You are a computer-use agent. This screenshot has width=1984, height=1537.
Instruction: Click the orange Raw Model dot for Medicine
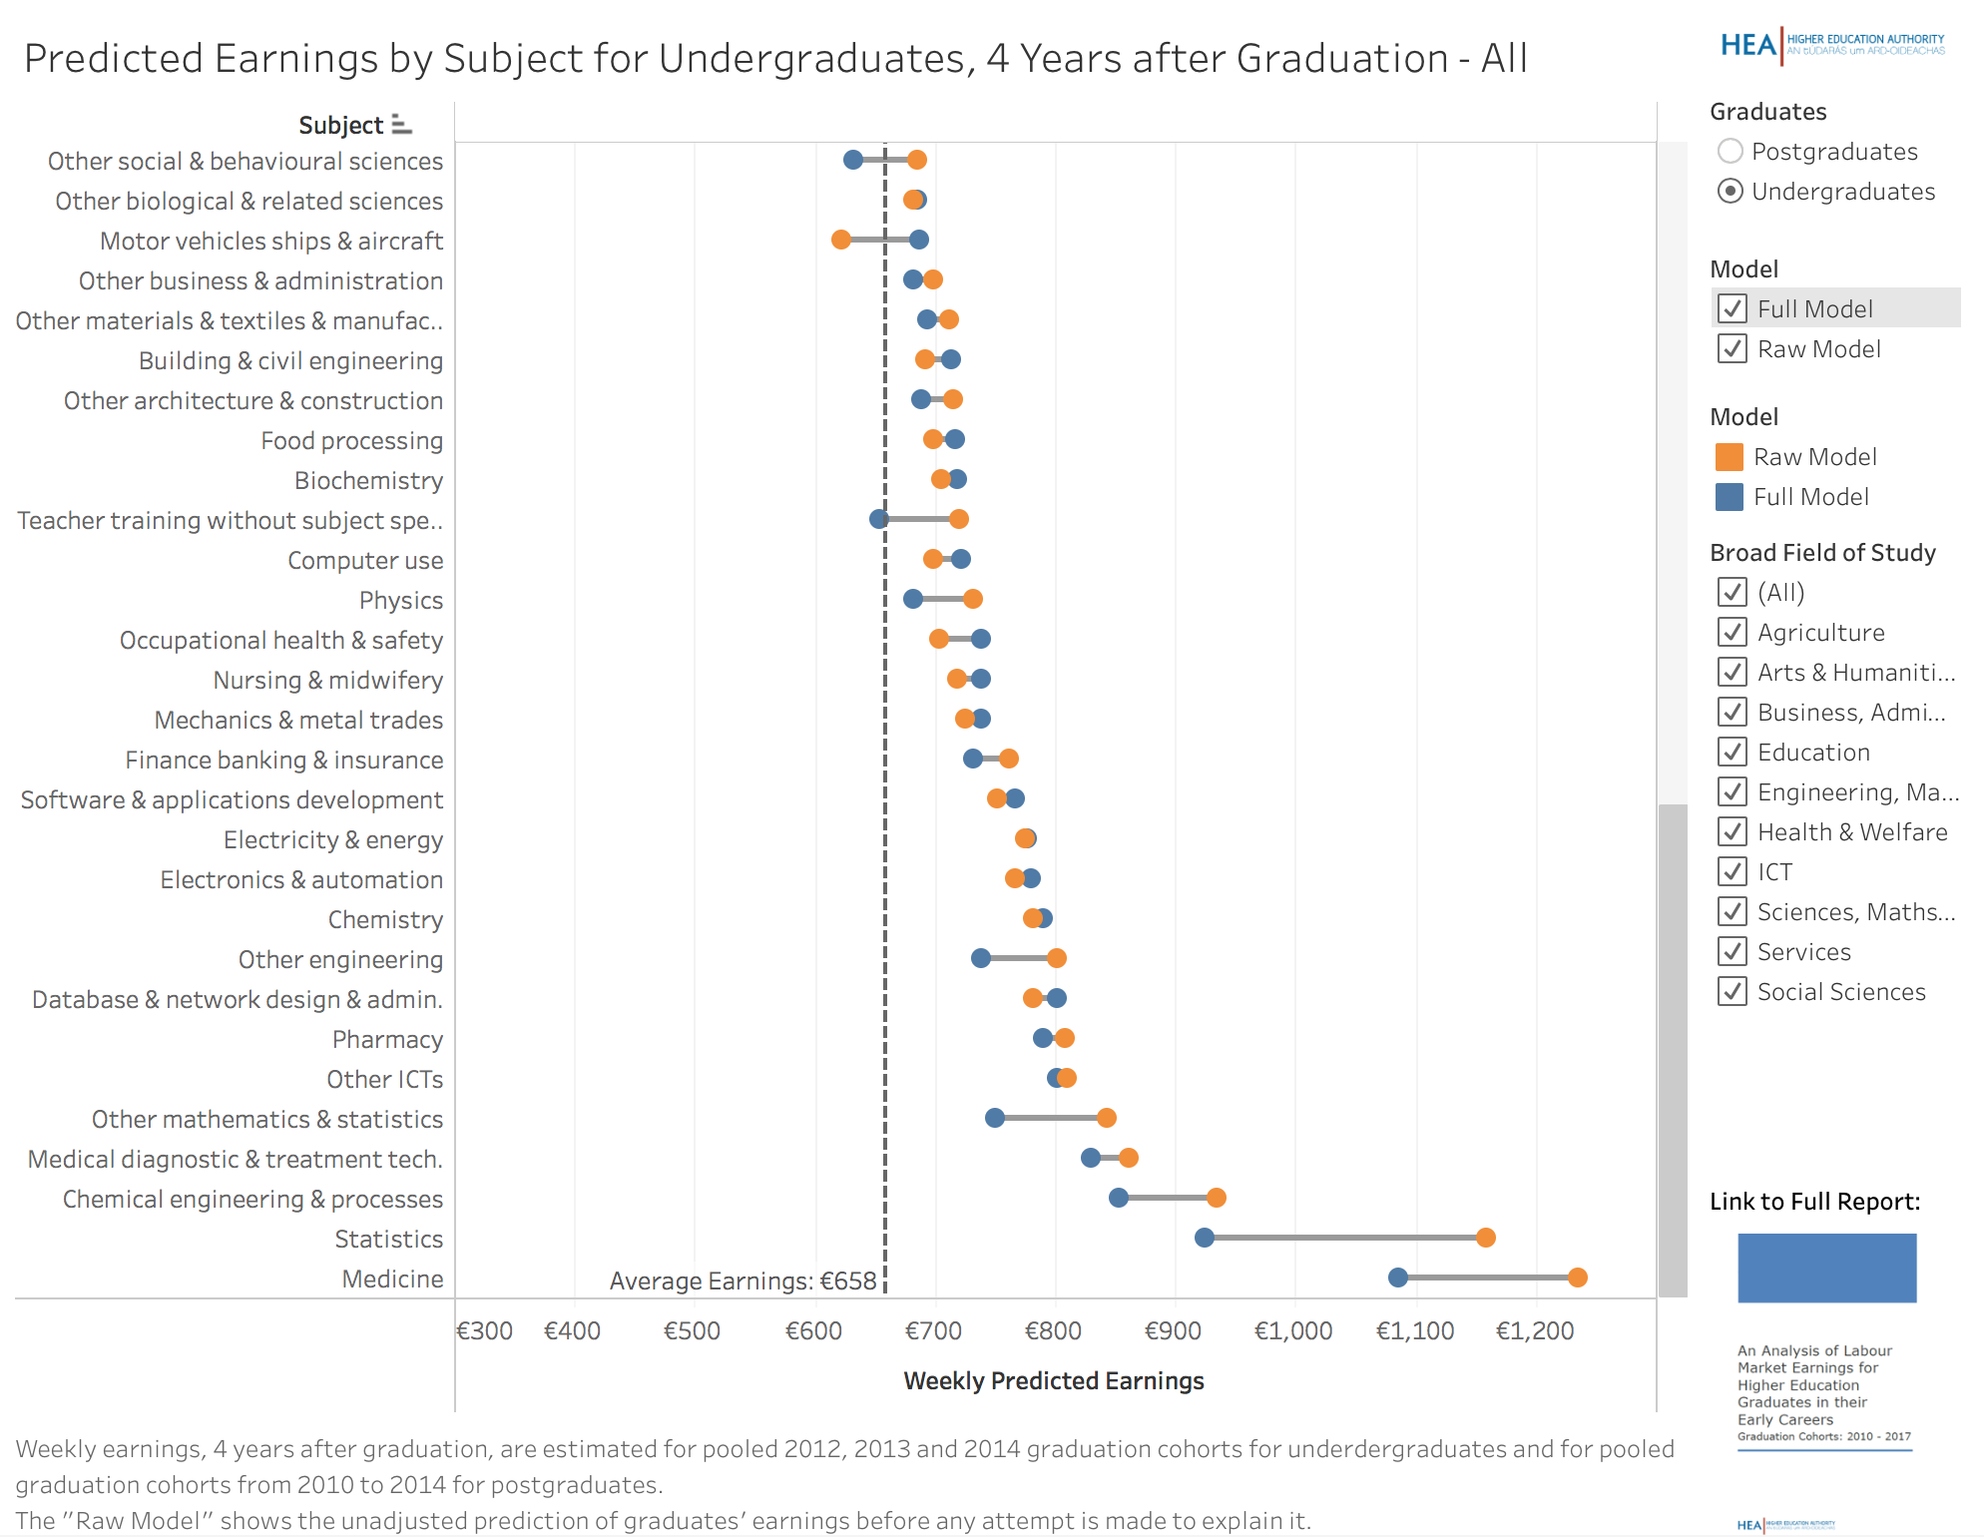(x=1577, y=1278)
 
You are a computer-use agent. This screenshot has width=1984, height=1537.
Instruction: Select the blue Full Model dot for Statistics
(x=1205, y=1238)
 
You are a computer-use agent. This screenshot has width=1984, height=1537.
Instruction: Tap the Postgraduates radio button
(x=1731, y=151)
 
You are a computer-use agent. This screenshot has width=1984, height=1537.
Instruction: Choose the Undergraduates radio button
(x=1731, y=191)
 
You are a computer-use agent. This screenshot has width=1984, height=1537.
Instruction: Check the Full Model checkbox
(x=1733, y=308)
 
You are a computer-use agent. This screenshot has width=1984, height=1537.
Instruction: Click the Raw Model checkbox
(x=1733, y=348)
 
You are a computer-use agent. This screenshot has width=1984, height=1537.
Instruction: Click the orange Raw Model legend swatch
(x=1729, y=457)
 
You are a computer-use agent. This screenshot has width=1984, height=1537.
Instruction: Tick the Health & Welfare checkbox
(x=1733, y=831)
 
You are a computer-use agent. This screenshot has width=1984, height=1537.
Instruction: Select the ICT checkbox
(x=1733, y=871)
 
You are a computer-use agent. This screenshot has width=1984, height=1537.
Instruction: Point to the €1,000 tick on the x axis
(x=1293, y=1330)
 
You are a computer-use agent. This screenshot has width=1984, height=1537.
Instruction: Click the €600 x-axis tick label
(x=813, y=1330)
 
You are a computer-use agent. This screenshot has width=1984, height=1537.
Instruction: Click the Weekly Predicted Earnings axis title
(x=1054, y=1380)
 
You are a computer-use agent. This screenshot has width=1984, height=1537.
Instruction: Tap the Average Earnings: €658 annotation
(x=743, y=1281)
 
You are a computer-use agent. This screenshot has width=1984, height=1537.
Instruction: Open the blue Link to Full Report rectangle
(x=1826, y=1268)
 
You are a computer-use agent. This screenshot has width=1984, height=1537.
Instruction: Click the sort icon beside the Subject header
(x=401, y=125)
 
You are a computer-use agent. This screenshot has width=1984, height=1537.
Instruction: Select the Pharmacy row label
(x=387, y=1039)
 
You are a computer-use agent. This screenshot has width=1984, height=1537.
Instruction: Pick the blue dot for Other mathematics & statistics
(x=995, y=1118)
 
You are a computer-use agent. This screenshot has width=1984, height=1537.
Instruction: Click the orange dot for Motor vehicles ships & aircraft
(x=841, y=240)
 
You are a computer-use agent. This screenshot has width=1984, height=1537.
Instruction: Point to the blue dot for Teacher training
(x=879, y=519)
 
